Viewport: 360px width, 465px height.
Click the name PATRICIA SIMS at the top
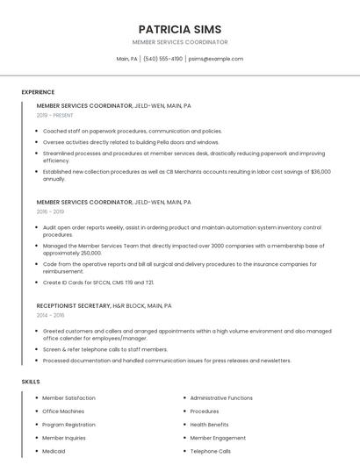tap(179, 29)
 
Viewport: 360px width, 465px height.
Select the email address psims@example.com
tap(216, 59)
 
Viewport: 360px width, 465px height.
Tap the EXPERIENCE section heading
tap(38, 92)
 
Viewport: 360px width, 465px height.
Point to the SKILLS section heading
tap(31, 382)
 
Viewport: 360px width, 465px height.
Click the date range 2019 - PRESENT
tap(55, 115)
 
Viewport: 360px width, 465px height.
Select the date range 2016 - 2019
tap(50, 211)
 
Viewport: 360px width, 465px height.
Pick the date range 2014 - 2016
tap(50, 315)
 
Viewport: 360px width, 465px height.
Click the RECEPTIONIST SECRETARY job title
tap(73, 305)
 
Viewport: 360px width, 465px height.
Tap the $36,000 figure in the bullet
tap(320, 172)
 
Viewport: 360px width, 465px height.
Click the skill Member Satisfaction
tap(69, 398)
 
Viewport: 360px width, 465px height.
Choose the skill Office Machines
tap(63, 411)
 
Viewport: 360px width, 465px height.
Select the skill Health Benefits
tap(209, 425)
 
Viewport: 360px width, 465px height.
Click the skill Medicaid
tap(54, 451)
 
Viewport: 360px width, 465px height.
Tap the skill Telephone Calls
tap(211, 451)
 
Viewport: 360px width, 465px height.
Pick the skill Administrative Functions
tap(221, 398)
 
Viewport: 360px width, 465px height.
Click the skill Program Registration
tap(68, 425)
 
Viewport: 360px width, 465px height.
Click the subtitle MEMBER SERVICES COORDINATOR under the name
tap(179, 42)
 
